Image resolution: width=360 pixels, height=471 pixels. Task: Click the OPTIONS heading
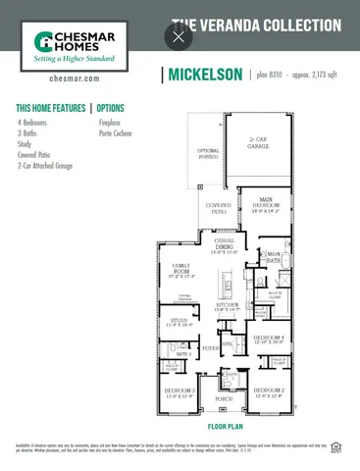coord(111,107)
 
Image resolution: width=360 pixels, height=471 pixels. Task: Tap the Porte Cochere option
coord(117,132)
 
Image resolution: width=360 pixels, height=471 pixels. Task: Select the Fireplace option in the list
coord(110,123)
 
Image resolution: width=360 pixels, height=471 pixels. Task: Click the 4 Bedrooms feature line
coord(33,123)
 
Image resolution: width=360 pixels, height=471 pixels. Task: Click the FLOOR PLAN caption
coord(225,428)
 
